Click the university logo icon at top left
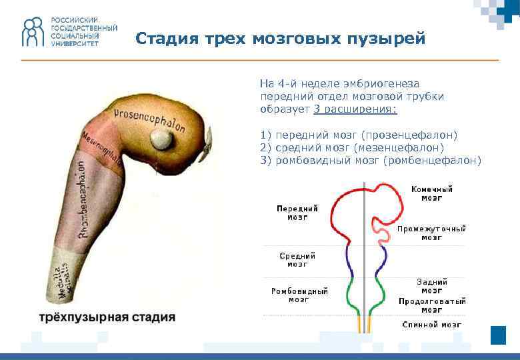[33, 32]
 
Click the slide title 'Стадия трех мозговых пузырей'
[280, 39]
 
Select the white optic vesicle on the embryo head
[161, 139]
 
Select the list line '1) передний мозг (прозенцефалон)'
[359, 135]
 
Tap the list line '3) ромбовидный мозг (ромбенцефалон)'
[370, 160]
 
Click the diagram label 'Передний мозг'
[297, 212]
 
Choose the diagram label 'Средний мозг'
[297, 259]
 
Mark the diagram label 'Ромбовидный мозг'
[299, 295]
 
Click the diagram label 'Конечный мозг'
[431, 193]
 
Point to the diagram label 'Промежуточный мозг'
[431, 233]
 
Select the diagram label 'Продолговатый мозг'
[432, 305]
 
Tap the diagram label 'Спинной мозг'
[431, 325]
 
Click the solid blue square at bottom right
[498, 335]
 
